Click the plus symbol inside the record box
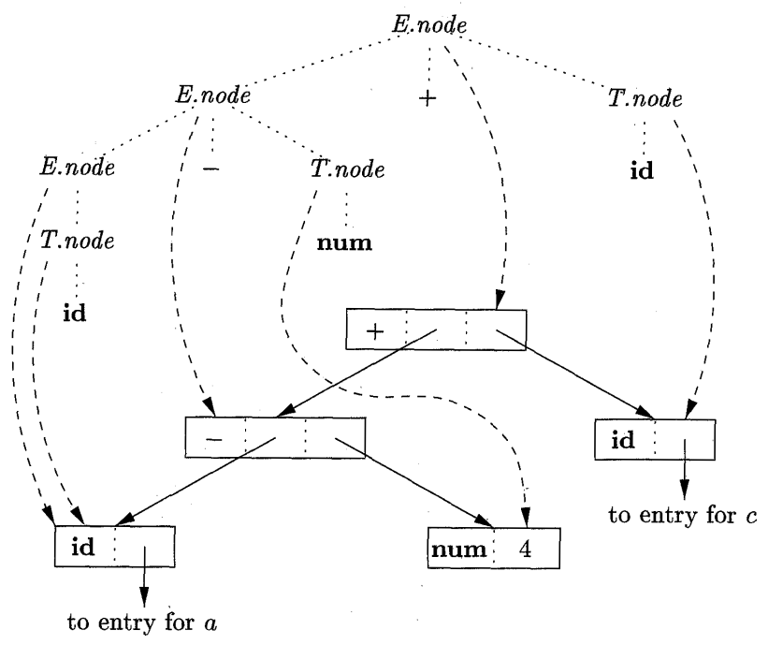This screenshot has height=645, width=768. (x=376, y=332)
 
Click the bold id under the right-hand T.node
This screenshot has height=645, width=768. (x=644, y=173)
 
